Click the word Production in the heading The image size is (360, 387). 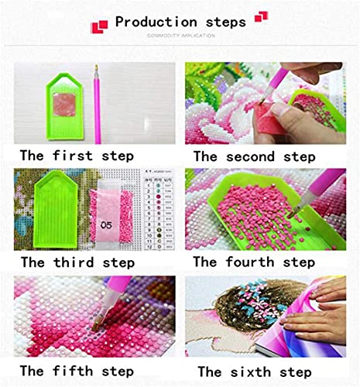pyautogui.click(x=156, y=21)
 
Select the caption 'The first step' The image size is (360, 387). pyautogui.click(x=77, y=156)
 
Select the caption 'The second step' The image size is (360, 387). pyautogui.click(x=254, y=156)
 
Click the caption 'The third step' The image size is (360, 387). pyautogui.click(x=77, y=262)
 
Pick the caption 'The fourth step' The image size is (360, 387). pyautogui.click(x=254, y=262)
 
